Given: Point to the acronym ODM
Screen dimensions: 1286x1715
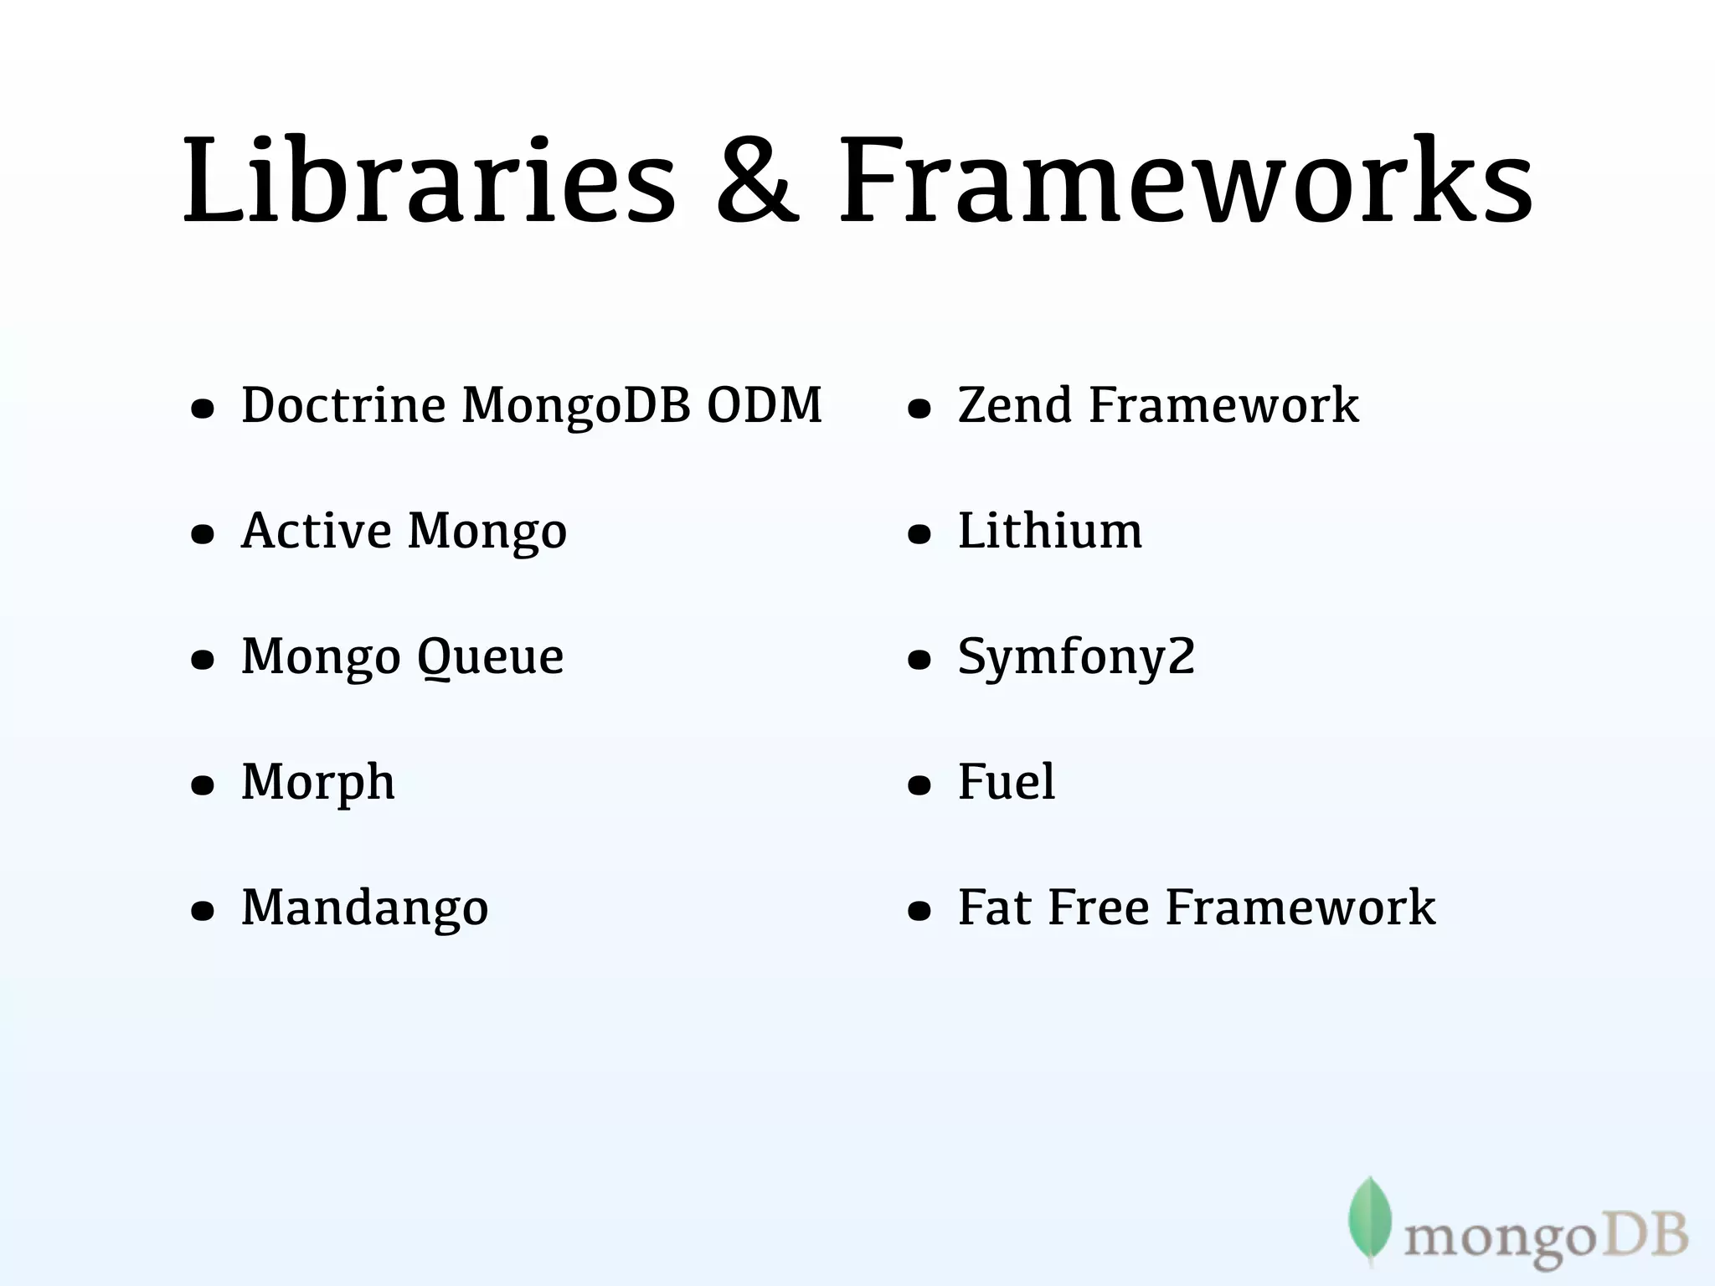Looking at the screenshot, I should (765, 405).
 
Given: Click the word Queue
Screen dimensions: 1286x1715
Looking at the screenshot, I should (490, 658).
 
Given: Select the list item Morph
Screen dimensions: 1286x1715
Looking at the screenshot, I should (318, 784).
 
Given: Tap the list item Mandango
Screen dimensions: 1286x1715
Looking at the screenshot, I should (365, 908).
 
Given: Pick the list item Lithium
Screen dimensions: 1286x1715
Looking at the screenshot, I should (1050, 531).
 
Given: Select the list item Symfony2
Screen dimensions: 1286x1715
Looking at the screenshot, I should (1077, 658).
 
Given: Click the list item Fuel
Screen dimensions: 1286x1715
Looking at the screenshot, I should (1007, 782).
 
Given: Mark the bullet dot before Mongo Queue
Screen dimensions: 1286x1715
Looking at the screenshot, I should (203, 661).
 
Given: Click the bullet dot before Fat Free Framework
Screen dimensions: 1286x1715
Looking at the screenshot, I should (919, 911).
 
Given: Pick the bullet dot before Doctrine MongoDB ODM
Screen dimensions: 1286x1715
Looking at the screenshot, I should (203, 409).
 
